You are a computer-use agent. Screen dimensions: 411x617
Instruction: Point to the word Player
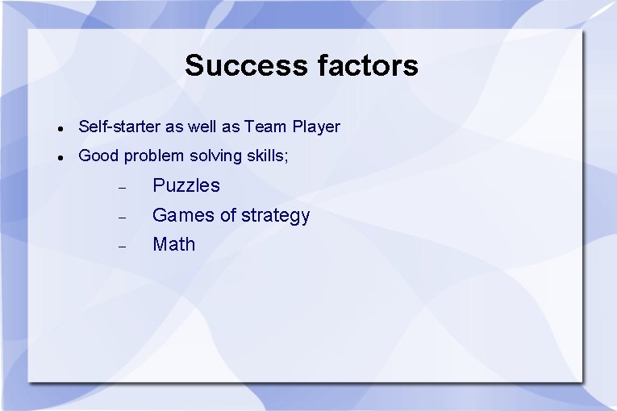tap(316, 127)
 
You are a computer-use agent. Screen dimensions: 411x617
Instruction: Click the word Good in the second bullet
tap(98, 156)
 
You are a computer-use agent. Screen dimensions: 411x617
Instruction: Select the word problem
tap(154, 156)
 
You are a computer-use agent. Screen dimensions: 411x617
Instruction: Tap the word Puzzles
tap(186, 185)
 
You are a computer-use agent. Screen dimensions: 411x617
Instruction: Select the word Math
tap(174, 244)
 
